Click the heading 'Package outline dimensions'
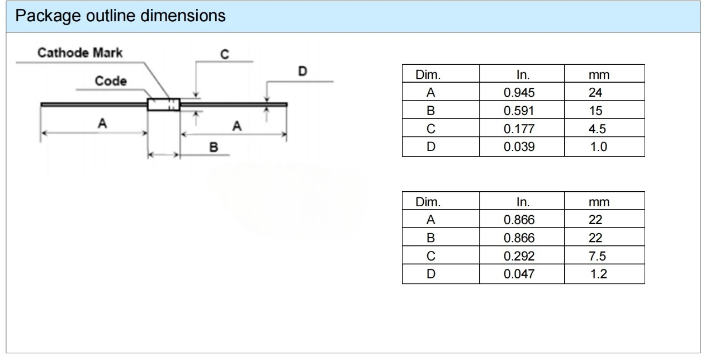[x=120, y=16]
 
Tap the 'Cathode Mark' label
[x=80, y=53]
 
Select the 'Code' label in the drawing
[x=111, y=81]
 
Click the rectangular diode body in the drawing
[x=164, y=105]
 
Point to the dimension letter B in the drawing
[x=214, y=147]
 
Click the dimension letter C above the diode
[x=224, y=54]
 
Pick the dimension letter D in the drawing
[x=302, y=72]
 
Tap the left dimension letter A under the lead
[x=102, y=123]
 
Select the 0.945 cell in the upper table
[x=519, y=93]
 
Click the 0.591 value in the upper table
[x=519, y=111]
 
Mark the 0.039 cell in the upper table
[x=519, y=147]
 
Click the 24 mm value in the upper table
[x=595, y=93]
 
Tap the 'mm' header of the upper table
[x=599, y=75]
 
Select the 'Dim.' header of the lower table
[x=428, y=202]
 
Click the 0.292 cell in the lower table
[x=519, y=256]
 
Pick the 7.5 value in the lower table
[x=597, y=256]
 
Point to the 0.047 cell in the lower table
[x=519, y=274]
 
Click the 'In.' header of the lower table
[x=523, y=202]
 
